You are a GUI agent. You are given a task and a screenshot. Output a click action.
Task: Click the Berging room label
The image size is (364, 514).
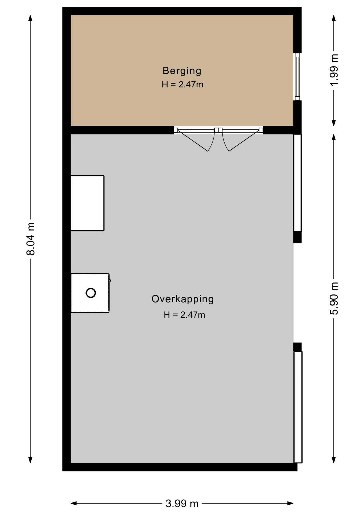[182, 71]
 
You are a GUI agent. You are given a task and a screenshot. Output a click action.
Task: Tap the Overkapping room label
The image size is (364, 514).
[183, 299]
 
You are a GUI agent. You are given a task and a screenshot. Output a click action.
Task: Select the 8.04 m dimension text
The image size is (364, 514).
[31, 239]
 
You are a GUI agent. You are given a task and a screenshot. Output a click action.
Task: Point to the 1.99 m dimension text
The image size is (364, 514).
[334, 70]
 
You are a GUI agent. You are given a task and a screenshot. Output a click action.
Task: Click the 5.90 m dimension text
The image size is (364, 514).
[334, 298]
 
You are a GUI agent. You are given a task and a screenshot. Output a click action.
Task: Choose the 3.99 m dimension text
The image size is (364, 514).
[182, 504]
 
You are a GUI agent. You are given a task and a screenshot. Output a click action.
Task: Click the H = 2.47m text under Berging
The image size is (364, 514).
[183, 85]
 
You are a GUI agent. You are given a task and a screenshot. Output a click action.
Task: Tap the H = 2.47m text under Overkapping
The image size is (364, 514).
[184, 315]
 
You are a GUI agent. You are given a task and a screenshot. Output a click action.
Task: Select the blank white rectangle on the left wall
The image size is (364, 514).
[87, 203]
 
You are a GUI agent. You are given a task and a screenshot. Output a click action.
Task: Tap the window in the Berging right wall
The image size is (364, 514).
[297, 77]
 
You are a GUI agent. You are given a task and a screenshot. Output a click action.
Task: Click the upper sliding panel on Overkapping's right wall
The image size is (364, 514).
[298, 183]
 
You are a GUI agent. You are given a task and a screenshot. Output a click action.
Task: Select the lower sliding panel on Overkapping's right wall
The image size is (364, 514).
[298, 407]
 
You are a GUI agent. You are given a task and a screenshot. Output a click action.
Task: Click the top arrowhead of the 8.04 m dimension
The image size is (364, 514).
[31, 18]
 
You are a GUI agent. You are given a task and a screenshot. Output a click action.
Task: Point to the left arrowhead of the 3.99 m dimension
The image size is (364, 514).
[74, 503]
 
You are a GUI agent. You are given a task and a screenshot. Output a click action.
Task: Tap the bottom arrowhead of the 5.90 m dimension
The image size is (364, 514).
[334, 460]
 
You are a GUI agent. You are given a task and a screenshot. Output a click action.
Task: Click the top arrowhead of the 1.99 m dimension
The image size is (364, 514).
[334, 18]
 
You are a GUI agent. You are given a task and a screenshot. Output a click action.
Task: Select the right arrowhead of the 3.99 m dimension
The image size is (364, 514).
[290, 503]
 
